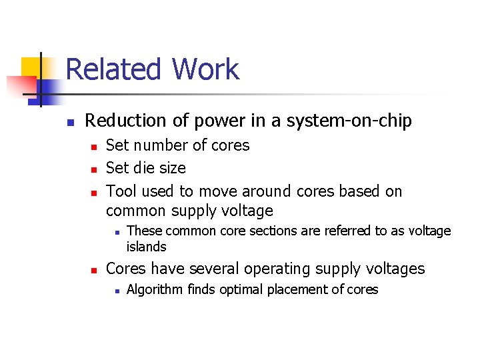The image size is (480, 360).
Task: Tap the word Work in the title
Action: (x=205, y=70)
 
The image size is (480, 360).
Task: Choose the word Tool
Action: (x=121, y=191)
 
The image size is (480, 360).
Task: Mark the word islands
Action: (x=146, y=247)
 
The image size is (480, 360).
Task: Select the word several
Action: (x=212, y=269)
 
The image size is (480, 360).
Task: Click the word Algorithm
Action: (x=155, y=289)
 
